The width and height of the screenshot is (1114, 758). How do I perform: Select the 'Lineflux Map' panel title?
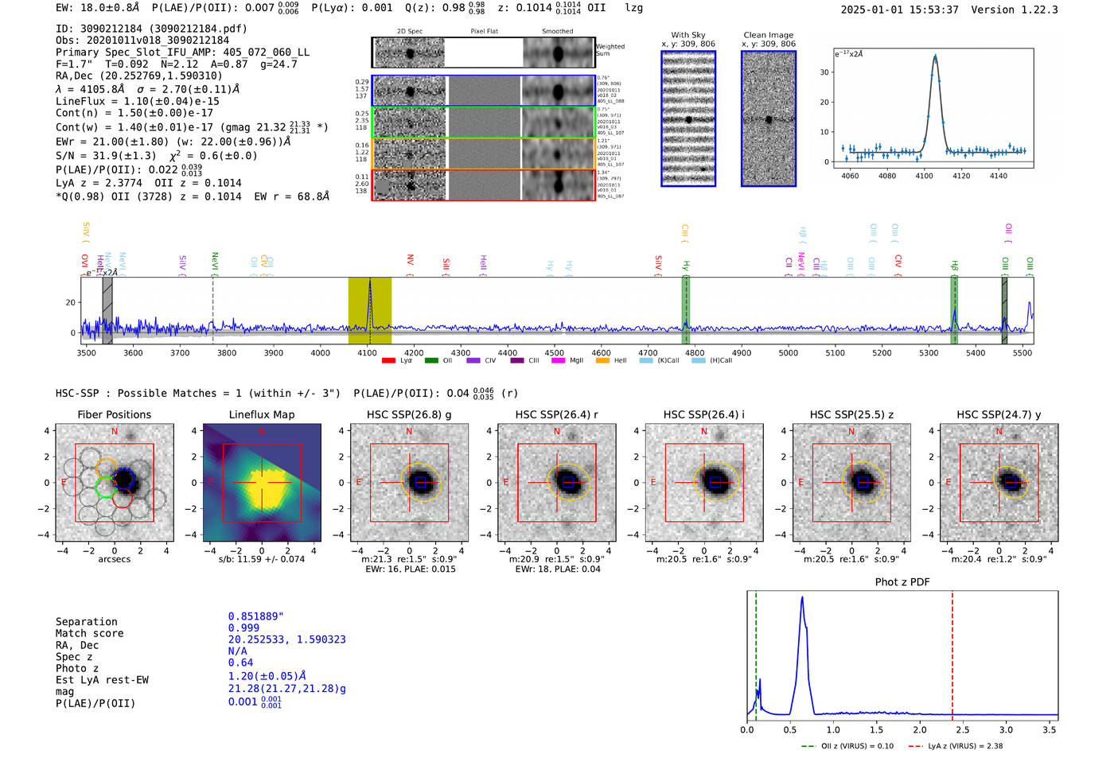click(x=261, y=414)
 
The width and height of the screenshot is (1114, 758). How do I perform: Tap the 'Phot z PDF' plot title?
click(x=902, y=582)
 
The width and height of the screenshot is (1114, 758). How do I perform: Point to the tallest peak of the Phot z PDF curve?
click(x=802, y=597)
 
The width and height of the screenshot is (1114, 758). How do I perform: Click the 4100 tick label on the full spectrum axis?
click(x=367, y=353)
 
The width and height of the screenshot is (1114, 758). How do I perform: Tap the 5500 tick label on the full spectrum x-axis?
click(x=1022, y=353)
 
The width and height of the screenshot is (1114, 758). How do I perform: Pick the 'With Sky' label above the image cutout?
click(x=687, y=35)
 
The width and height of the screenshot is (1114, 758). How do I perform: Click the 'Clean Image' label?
click(x=768, y=35)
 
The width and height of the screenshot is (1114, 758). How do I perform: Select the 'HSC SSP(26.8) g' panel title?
click(x=408, y=414)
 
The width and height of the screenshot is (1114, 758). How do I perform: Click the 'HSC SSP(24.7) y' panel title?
click(x=998, y=414)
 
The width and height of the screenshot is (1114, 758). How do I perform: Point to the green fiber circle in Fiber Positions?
click(x=105, y=486)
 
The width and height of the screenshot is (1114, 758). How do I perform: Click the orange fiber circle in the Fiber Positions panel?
click(x=107, y=468)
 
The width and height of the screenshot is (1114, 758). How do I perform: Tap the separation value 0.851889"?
click(x=255, y=616)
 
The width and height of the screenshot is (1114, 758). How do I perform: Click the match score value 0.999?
click(x=243, y=628)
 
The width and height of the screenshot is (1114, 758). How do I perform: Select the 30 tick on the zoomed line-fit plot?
click(x=824, y=72)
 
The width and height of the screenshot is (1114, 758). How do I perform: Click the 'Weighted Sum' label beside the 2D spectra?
click(x=610, y=50)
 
